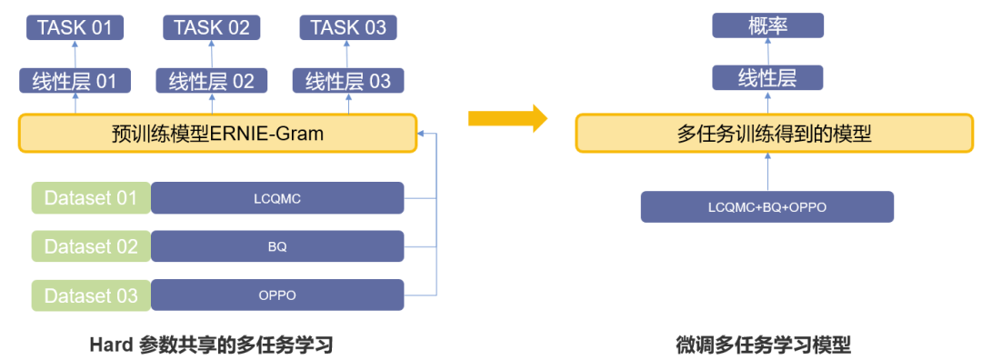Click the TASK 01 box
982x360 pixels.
click(x=75, y=27)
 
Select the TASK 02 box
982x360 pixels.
click(x=211, y=27)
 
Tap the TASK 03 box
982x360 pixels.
click(x=347, y=27)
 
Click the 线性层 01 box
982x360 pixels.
click(x=75, y=81)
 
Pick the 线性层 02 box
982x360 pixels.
click(x=211, y=81)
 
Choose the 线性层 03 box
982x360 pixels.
click(x=347, y=81)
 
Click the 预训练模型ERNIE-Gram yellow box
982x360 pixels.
click(x=217, y=134)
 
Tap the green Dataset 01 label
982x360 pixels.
click(x=91, y=197)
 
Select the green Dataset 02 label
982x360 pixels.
click(x=91, y=246)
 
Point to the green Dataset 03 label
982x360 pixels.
click(x=91, y=295)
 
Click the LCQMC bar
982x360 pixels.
click(x=276, y=197)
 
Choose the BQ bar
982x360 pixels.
click(x=276, y=246)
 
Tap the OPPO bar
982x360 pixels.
click(x=276, y=295)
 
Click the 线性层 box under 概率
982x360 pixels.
click(x=767, y=77)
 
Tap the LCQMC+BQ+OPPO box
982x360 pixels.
click(x=767, y=207)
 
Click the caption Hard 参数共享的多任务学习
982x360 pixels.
click(x=211, y=345)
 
